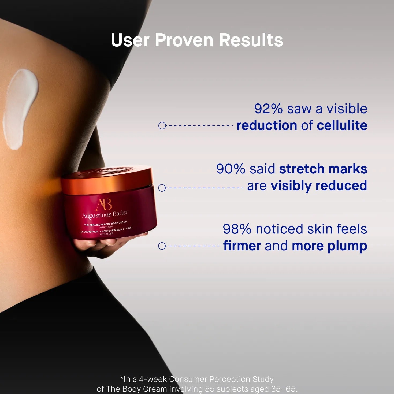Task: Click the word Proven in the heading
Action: [184, 40]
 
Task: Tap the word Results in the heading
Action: [251, 40]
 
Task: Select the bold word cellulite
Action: [342, 125]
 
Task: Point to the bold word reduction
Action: [267, 125]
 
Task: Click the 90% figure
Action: [231, 169]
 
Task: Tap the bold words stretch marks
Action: [323, 169]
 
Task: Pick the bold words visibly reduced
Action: [319, 186]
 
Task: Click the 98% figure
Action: [237, 229]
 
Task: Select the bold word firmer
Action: [242, 246]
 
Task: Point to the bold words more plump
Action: [329, 246]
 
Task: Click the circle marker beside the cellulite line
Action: [162, 125]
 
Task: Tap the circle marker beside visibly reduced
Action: [162, 188]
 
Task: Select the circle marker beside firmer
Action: [162, 246]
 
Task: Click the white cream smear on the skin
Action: [20, 108]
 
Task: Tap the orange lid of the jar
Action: [107, 179]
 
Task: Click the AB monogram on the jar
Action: [104, 205]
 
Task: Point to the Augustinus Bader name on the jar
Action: [105, 214]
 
